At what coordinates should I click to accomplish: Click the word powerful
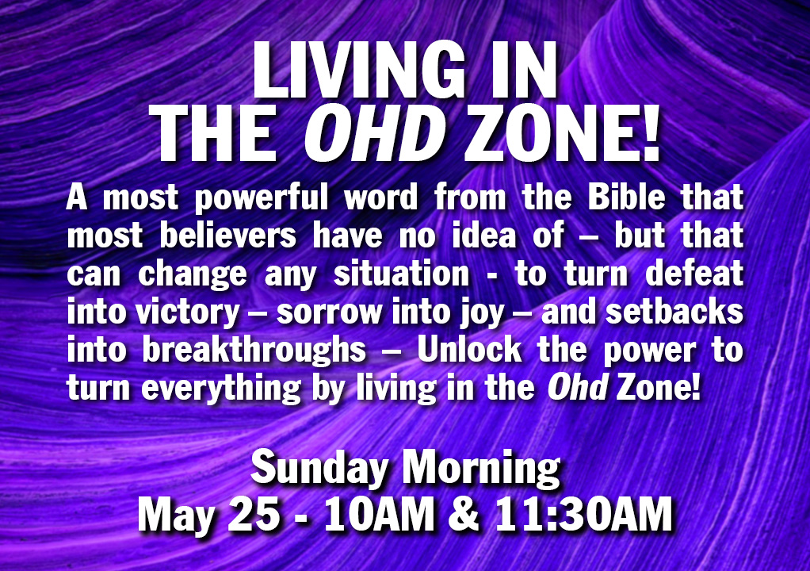(x=262, y=199)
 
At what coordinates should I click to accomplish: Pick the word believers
(x=227, y=235)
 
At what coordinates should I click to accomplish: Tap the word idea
(x=483, y=235)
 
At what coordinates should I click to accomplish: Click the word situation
(x=401, y=274)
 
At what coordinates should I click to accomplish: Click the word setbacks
(x=674, y=312)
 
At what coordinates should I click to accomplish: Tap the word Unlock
(x=469, y=350)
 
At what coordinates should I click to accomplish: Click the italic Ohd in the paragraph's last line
(x=578, y=388)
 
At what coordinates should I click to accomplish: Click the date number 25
(x=254, y=514)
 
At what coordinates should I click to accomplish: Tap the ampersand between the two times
(x=464, y=514)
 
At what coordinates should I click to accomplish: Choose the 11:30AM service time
(x=583, y=514)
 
